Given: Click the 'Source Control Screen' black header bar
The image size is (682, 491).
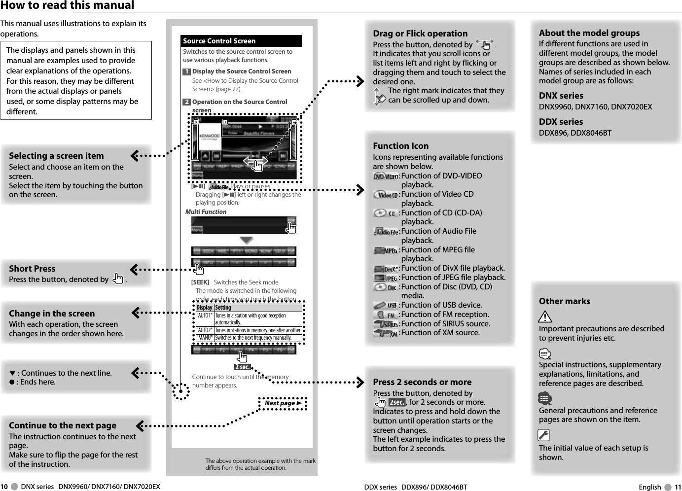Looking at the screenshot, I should click(241, 41).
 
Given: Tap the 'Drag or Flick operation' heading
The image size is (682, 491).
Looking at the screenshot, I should click(420, 34).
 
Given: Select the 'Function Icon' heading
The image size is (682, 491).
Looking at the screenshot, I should click(400, 146).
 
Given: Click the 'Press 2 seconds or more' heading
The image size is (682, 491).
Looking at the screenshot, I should click(422, 382).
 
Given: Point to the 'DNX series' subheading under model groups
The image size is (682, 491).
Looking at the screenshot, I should click(561, 96).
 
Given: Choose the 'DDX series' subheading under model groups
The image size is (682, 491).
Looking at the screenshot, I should click(561, 122).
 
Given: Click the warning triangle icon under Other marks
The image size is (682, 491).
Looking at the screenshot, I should click(545, 316).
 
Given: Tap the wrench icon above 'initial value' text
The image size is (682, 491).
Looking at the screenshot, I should click(543, 435).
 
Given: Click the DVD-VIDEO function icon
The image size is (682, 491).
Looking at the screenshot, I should click(386, 176).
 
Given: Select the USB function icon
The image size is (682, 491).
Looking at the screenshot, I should click(386, 306).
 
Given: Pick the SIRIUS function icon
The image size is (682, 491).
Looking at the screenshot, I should click(386, 324).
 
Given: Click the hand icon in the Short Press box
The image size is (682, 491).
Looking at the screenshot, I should click(118, 279).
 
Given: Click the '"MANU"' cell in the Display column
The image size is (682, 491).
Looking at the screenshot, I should click(204, 338).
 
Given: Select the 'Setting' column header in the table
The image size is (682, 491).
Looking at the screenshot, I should click(223, 308).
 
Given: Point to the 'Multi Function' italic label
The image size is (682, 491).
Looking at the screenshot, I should click(206, 212).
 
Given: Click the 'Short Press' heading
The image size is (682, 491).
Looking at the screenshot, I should click(32, 269).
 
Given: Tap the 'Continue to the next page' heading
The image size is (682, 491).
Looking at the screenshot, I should click(63, 425).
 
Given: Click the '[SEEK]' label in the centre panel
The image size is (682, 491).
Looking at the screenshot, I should click(200, 282).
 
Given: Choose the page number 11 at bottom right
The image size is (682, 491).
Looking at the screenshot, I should click(678, 487).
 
